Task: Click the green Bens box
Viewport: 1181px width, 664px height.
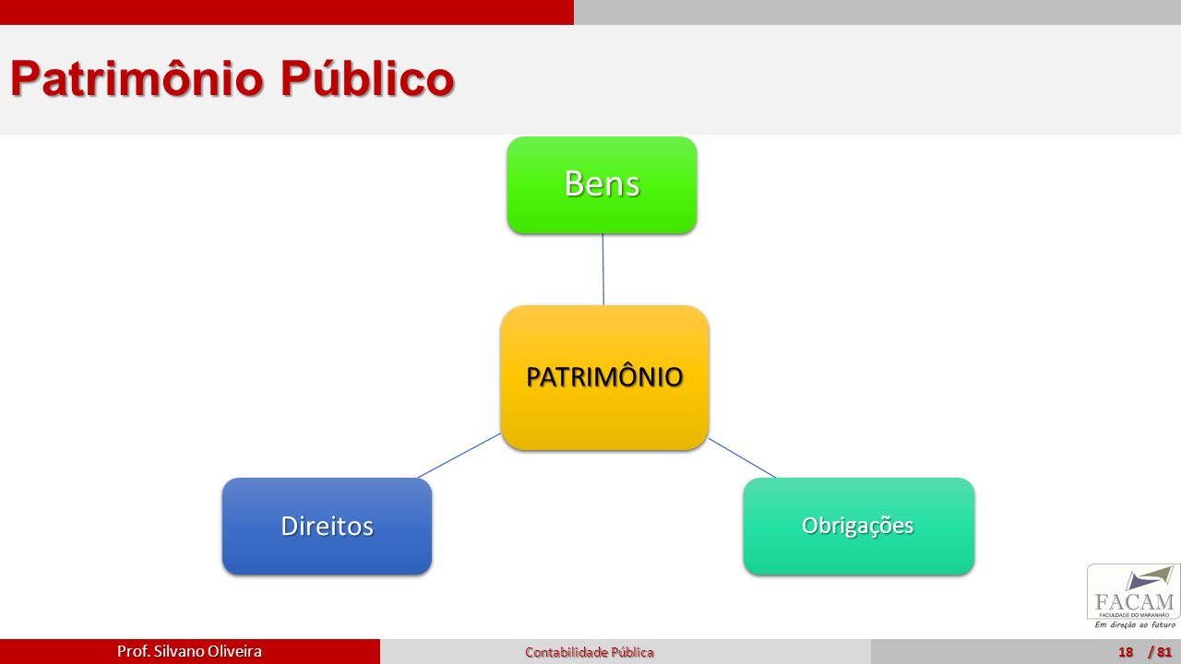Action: pos(602,185)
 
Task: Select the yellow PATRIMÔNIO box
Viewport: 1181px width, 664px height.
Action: pos(604,377)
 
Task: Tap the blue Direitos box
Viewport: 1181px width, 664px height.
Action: pos(327,526)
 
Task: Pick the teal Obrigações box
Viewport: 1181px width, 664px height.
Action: pos(859,526)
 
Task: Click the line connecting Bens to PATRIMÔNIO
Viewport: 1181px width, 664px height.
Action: pos(603,269)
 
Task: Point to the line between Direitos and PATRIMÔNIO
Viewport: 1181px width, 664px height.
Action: pos(459,456)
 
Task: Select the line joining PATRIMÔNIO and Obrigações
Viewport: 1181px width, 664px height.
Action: pos(742,458)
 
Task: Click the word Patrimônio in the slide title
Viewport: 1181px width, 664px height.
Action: pos(137,78)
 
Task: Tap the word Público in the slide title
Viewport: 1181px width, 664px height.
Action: pos(367,78)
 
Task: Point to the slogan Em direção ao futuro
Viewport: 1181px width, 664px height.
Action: pos(1135,624)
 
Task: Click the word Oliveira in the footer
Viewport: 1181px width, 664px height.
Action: pos(234,651)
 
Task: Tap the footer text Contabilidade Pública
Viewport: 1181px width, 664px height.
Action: pos(590,652)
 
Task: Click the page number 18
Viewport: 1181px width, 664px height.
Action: pos(1126,652)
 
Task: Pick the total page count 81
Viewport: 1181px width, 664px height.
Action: pos(1164,652)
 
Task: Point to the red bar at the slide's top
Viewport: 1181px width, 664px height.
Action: pos(287,12)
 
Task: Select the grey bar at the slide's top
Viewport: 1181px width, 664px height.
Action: pos(877,12)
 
